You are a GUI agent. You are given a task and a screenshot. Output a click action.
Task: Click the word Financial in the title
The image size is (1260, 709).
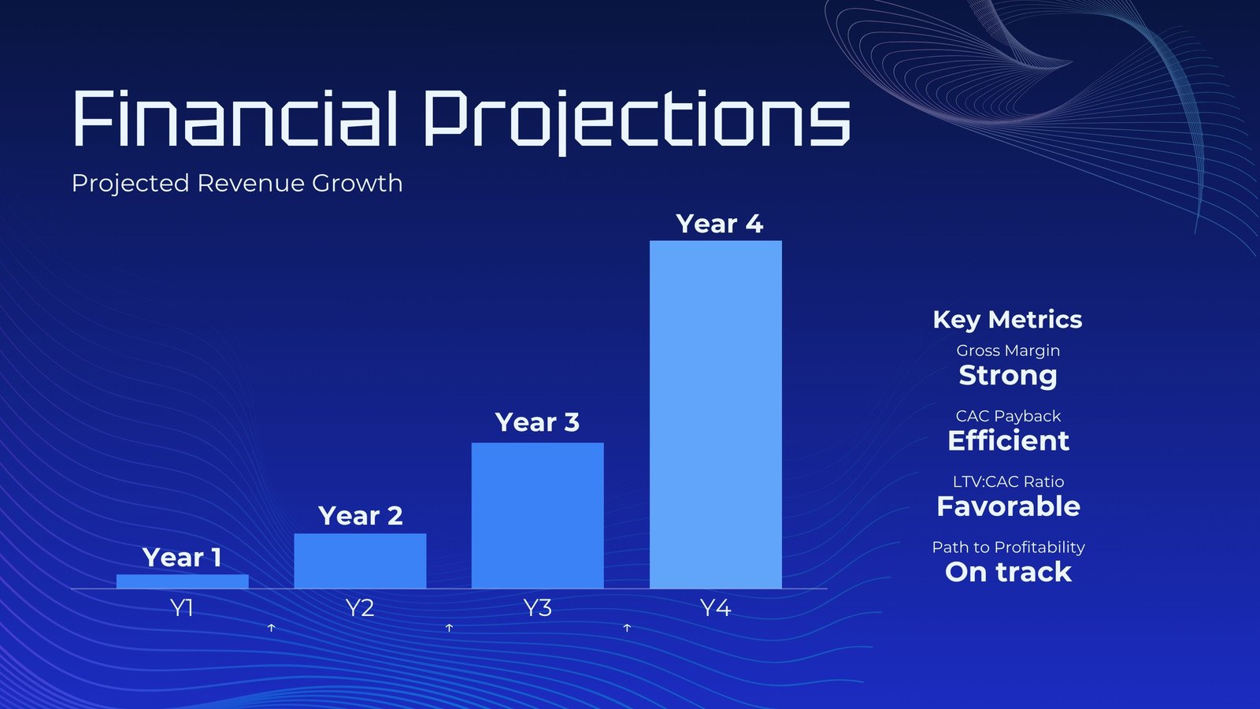pyautogui.click(x=235, y=118)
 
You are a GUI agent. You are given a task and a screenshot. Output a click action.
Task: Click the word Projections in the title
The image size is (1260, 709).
pyautogui.click(x=637, y=121)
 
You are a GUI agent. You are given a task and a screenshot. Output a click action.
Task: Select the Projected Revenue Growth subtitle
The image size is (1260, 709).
pyautogui.click(x=237, y=184)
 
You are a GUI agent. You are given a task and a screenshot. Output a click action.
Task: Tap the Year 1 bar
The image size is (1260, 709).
pyautogui.click(x=182, y=581)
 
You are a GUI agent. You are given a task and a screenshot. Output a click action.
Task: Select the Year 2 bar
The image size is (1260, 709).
pyautogui.click(x=360, y=561)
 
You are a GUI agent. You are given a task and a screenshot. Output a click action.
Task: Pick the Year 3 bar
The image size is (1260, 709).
pyautogui.click(x=538, y=515)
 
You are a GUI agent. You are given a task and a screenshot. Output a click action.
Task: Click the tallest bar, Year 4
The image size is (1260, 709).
pyautogui.click(x=716, y=414)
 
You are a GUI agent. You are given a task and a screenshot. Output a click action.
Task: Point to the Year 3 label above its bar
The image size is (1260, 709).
pyautogui.click(x=537, y=422)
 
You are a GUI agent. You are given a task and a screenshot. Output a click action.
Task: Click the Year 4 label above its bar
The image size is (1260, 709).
pyautogui.click(x=720, y=224)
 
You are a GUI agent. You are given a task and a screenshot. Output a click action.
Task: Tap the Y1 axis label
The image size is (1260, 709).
pyautogui.click(x=181, y=607)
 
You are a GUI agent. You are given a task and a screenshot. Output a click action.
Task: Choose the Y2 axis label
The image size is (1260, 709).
pyautogui.click(x=359, y=607)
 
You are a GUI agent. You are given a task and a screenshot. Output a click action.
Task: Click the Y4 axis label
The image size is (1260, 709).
pyautogui.click(x=716, y=607)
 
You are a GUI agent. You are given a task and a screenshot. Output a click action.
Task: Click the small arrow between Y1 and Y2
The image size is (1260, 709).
pyautogui.click(x=271, y=627)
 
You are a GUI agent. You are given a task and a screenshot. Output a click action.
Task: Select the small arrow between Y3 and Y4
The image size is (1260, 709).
pyautogui.click(x=627, y=627)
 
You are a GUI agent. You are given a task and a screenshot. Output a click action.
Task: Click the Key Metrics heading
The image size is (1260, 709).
pyautogui.click(x=1007, y=320)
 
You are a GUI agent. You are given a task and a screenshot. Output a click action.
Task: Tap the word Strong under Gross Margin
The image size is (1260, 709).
pyautogui.click(x=1008, y=375)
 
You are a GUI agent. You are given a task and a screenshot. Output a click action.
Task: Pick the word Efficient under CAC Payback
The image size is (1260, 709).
pyautogui.click(x=1009, y=440)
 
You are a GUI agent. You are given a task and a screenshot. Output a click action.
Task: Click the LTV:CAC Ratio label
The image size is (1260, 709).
pyautogui.click(x=1009, y=481)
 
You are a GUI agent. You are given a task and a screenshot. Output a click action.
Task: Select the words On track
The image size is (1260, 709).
pyautogui.click(x=1009, y=572)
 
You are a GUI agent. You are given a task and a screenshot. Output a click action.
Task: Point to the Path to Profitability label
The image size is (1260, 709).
pyautogui.click(x=1009, y=548)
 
